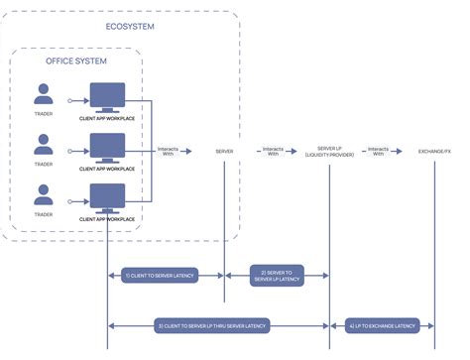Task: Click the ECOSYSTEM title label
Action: tap(129, 27)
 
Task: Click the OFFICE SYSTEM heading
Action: tap(76, 61)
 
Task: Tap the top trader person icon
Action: tap(44, 94)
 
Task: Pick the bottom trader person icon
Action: tap(44, 194)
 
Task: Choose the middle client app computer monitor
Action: tap(107, 147)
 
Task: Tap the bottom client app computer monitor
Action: tap(107, 196)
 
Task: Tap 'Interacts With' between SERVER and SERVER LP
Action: tap(278, 152)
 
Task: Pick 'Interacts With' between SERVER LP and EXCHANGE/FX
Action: tap(381, 152)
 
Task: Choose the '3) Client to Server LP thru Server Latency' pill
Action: tap(212, 325)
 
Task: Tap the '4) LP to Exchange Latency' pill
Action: tap(383, 325)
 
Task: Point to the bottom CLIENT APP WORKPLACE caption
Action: tap(107, 218)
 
